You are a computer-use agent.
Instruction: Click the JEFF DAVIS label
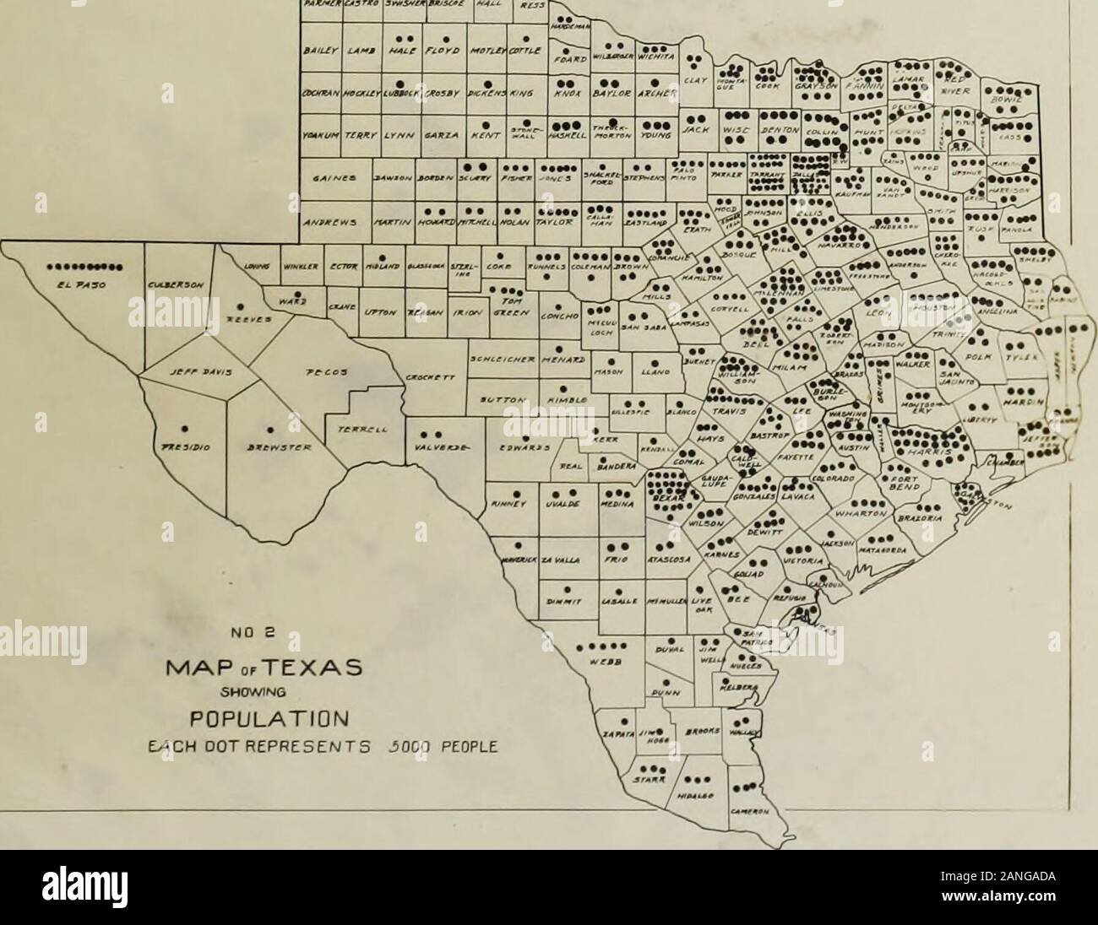[x=185, y=369]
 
